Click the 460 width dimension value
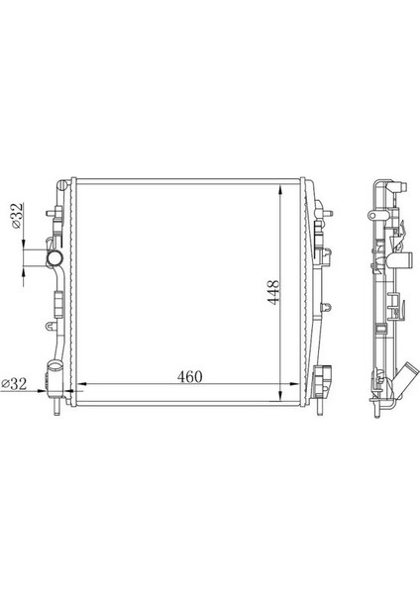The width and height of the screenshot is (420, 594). coord(190,375)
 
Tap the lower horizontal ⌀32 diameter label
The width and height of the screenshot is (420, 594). coord(15,382)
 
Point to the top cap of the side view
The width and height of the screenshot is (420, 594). coord(382,184)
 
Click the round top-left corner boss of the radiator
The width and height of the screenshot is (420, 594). coord(64,184)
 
